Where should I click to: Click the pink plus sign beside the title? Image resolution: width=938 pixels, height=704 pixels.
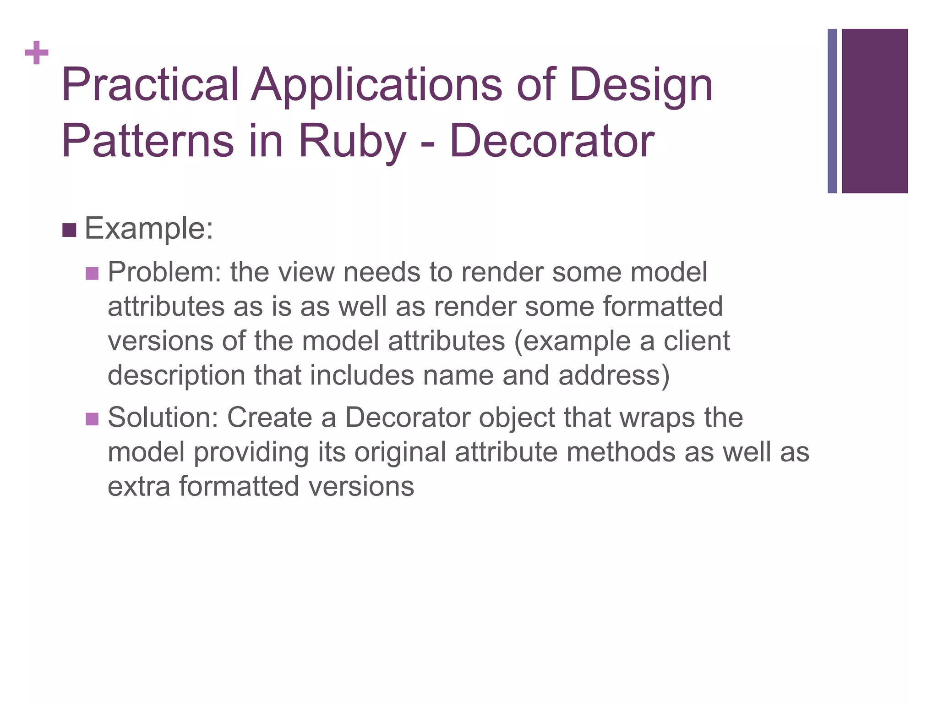[x=37, y=53]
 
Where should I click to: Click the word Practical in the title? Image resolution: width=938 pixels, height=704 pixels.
[x=150, y=85]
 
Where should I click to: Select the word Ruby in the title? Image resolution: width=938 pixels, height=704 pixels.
[x=352, y=141]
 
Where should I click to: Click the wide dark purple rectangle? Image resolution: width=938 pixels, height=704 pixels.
[x=875, y=111]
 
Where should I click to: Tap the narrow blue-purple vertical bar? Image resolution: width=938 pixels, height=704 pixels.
[x=832, y=111]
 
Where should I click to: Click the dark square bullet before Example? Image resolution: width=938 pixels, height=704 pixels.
[x=69, y=230]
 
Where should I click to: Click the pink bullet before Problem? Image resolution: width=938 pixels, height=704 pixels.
[x=92, y=274]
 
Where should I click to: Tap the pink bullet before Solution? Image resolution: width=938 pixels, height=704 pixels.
[x=92, y=419]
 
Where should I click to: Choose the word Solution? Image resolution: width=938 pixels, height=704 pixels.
[x=163, y=418]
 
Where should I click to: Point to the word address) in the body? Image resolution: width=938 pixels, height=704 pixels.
[x=614, y=375]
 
